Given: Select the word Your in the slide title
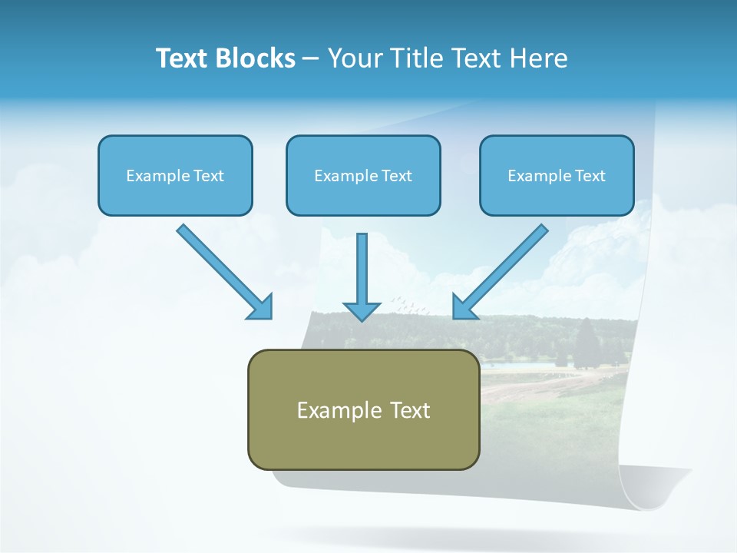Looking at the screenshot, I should (355, 58).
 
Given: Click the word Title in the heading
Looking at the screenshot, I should (415, 58).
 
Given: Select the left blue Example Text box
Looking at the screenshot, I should (175, 175).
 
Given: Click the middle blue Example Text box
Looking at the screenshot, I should (363, 175).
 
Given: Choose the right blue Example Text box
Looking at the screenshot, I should (557, 175).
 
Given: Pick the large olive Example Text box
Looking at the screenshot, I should (363, 409).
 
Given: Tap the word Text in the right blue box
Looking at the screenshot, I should (589, 176).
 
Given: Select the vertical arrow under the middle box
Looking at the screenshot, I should (362, 276).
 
